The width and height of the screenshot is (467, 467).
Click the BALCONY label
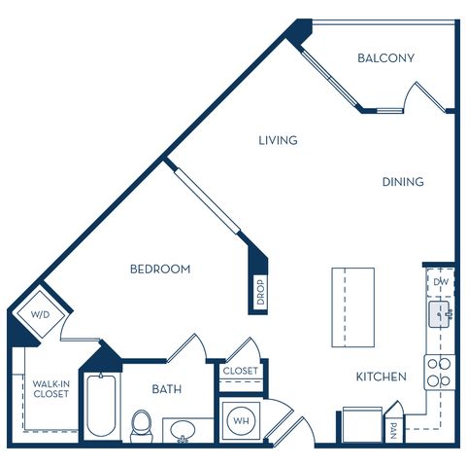point(385,58)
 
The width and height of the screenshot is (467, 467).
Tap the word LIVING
point(278,140)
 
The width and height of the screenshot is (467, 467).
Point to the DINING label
point(403,182)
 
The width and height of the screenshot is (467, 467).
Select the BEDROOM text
point(160,269)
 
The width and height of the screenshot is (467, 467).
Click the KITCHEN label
point(382,377)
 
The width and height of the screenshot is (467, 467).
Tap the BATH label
point(167,389)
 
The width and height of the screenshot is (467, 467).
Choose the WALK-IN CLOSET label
point(51,389)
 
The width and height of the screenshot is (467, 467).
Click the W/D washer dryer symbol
point(41,314)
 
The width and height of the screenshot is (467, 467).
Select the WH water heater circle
point(241,421)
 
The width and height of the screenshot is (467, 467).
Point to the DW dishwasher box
point(441,282)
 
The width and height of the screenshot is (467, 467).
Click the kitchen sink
point(440,314)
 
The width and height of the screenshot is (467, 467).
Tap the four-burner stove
point(440,373)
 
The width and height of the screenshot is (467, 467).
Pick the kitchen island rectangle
point(353,307)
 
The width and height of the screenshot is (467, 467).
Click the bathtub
point(101,406)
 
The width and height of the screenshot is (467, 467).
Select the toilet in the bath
point(142,426)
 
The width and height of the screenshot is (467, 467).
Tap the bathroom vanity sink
point(183,430)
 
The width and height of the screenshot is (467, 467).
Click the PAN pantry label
point(394,430)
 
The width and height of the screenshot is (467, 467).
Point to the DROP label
point(260,292)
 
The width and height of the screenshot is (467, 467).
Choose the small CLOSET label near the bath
point(241,371)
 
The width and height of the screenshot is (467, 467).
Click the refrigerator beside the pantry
point(362,425)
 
